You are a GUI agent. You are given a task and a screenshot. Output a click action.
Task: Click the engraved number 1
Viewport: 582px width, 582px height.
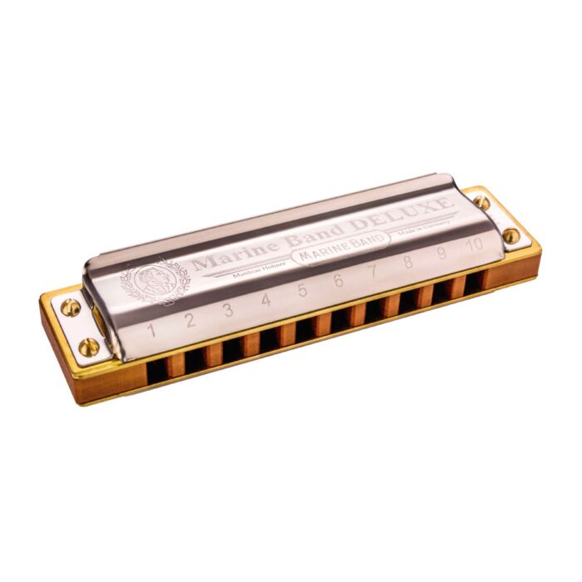pyautogui.click(x=151, y=330)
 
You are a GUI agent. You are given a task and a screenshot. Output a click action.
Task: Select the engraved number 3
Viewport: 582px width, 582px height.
pyautogui.click(x=228, y=310)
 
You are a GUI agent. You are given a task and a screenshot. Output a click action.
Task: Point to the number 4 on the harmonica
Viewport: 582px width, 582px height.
pyautogui.click(x=266, y=300)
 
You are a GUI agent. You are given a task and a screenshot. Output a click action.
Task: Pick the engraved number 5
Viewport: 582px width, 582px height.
pyautogui.click(x=302, y=290)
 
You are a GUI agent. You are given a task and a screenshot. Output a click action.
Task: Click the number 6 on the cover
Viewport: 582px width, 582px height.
pyautogui.click(x=338, y=281)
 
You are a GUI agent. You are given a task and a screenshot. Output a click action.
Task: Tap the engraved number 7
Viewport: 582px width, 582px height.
pyautogui.click(x=372, y=271)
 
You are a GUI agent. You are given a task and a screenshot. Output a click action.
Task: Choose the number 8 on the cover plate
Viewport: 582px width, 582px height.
pyautogui.click(x=407, y=262)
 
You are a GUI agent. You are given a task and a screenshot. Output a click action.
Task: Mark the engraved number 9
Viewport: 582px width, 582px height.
pyautogui.click(x=441, y=253)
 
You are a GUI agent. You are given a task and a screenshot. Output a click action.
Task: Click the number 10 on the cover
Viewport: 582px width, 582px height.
pyautogui.click(x=475, y=244)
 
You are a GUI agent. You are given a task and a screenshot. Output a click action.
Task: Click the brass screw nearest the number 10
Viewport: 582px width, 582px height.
pyautogui.click(x=510, y=235)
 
